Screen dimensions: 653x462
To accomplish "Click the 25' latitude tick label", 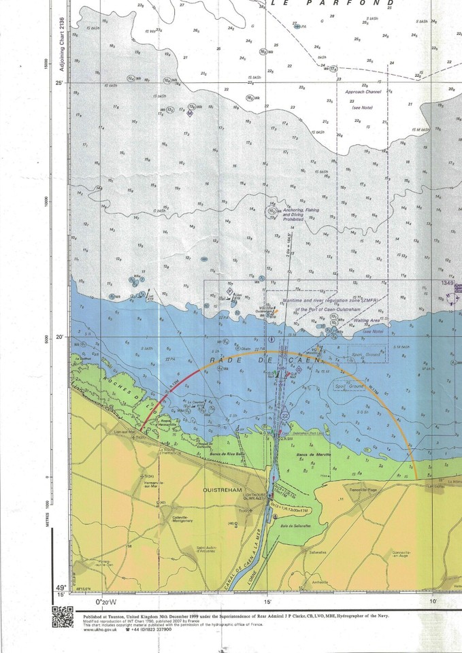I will (60, 83).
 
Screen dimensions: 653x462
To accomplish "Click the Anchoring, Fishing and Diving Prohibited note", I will (302, 214).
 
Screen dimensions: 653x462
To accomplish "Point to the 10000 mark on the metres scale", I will (46, 202).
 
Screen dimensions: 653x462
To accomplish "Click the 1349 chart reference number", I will (446, 282).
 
